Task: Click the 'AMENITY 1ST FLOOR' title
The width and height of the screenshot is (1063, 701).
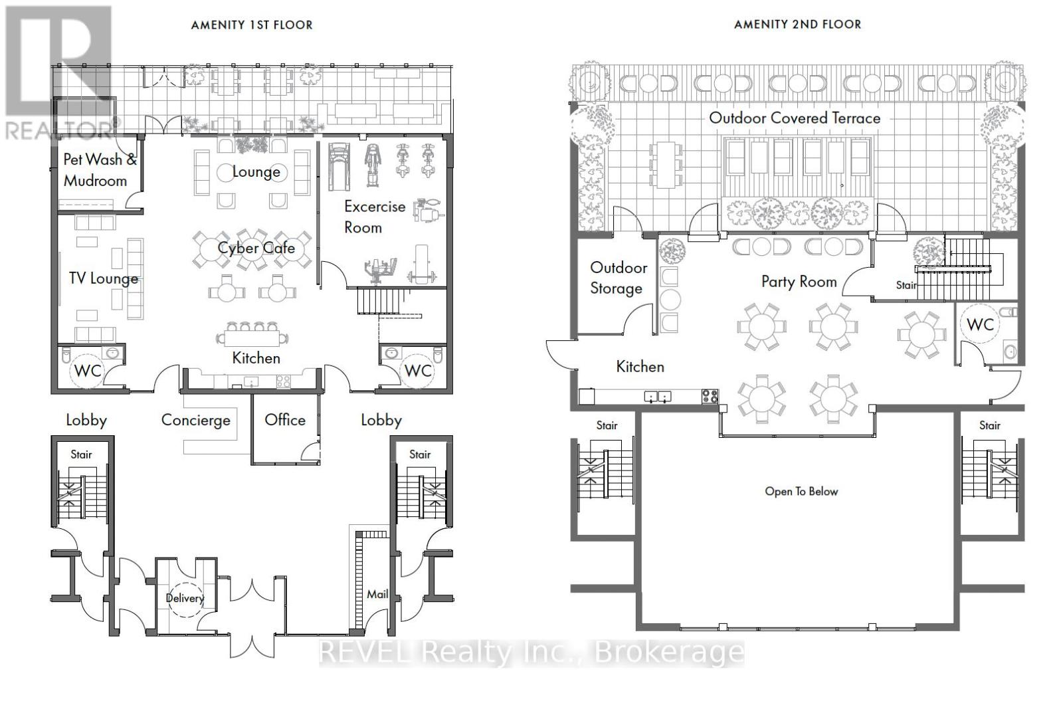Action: coord(252,25)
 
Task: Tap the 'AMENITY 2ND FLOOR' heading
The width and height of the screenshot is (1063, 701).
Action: coord(798,25)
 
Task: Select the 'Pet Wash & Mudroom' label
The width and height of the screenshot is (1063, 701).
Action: coord(100,170)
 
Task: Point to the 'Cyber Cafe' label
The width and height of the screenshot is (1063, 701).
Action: coord(256,248)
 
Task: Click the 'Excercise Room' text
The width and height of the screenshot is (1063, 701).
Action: coord(375,217)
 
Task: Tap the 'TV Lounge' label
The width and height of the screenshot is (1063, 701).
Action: coord(104,278)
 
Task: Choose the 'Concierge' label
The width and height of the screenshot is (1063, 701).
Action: coord(195,420)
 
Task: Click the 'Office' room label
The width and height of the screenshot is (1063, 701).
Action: coord(285,419)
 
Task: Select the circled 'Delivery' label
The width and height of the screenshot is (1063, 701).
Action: coord(185,598)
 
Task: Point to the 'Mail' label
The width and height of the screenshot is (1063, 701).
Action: coord(377,594)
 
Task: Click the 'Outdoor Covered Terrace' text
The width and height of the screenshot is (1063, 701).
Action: coord(795,118)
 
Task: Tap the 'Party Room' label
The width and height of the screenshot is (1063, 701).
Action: coord(799,282)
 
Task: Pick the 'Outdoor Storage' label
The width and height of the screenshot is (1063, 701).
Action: coord(619,278)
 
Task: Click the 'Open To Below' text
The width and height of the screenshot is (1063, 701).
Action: coord(801,492)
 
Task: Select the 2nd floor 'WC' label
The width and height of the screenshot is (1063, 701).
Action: coord(980,325)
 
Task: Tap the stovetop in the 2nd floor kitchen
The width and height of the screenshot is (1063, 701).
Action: coord(710,396)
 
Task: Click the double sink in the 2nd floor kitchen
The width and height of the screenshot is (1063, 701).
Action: coord(658,396)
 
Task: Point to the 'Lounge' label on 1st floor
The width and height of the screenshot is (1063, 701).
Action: coord(256,172)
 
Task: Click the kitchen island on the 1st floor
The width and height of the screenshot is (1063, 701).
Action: coord(252,338)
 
